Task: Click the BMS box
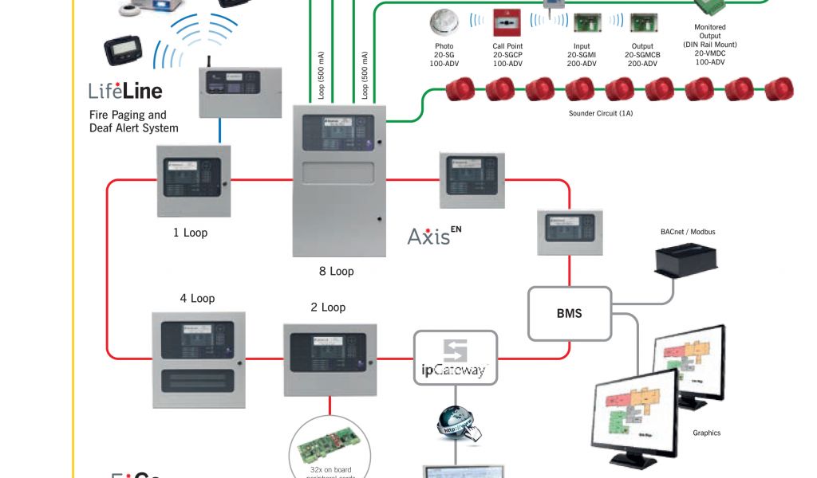coord(569,313)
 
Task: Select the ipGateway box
coord(455,358)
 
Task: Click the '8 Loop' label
coord(336,272)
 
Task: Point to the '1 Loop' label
coord(190,233)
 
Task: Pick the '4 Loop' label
coord(197,299)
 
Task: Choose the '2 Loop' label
coord(328,308)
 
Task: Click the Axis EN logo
coord(434,236)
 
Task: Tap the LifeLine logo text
coord(125,89)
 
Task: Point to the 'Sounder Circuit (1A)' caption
coord(600,114)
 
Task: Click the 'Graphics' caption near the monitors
coord(706,433)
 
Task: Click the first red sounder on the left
coord(461,89)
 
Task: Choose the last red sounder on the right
coord(779,89)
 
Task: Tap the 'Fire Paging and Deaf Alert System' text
coord(133,121)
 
